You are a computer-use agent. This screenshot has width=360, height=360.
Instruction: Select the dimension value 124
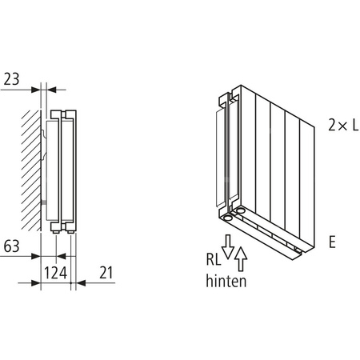[54, 273]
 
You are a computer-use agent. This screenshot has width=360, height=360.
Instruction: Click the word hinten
[226, 281]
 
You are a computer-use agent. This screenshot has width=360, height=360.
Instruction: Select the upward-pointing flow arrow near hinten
[241, 258]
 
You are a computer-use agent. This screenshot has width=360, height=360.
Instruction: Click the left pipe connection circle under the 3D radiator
[230, 215]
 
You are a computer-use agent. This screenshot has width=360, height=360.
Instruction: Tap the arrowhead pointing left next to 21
[78, 283]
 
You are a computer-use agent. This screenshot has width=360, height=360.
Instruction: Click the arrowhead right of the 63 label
[37, 257]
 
